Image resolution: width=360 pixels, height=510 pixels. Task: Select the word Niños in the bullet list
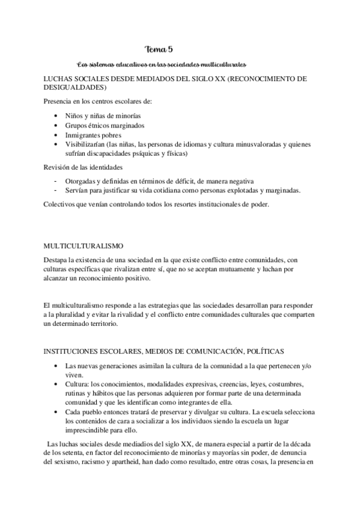point(78,116)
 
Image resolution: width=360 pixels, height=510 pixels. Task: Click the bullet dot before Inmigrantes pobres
point(56,135)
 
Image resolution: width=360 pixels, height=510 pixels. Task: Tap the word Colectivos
point(61,205)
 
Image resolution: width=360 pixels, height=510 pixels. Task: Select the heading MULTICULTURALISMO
point(83,246)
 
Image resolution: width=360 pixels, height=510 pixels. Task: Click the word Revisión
point(59,167)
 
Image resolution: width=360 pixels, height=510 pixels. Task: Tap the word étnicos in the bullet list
point(103,126)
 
